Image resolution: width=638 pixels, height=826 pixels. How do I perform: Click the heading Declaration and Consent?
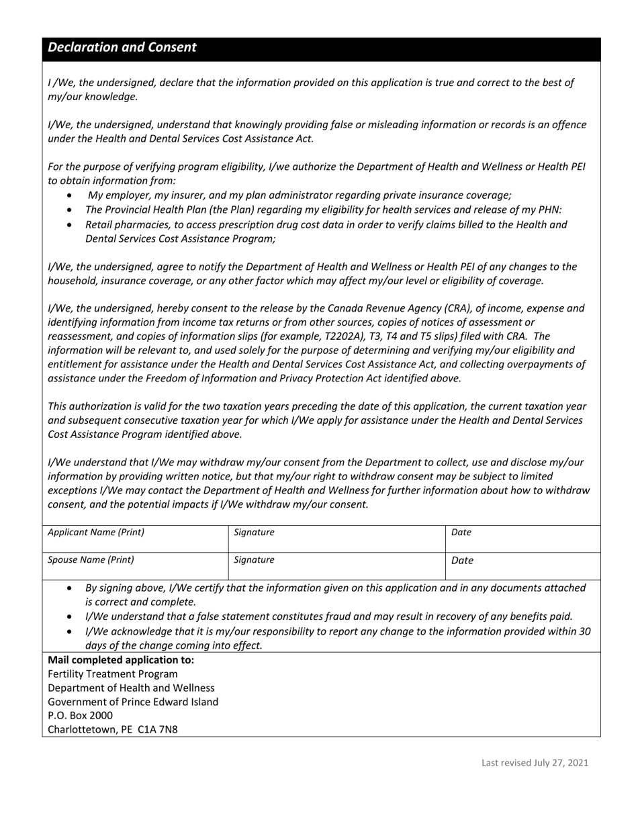click(x=122, y=48)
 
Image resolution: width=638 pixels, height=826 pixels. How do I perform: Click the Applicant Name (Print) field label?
click(x=96, y=533)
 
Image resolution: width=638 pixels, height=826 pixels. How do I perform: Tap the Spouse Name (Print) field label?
click(x=91, y=559)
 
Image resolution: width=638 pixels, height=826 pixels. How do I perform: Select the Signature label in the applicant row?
click(x=254, y=533)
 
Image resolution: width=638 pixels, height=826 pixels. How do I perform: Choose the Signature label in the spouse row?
click(x=254, y=559)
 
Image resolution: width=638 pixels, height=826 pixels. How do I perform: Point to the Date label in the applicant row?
click(x=461, y=533)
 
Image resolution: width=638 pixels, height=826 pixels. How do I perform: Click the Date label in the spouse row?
click(x=463, y=560)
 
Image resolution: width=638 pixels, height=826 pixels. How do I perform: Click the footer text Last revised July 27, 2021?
click(x=535, y=762)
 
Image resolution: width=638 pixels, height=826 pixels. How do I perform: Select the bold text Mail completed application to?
click(x=121, y=659)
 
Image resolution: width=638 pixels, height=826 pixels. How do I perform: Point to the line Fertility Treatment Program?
click(x=113, y=674)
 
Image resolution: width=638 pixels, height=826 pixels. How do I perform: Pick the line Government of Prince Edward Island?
click(x=133, y=702)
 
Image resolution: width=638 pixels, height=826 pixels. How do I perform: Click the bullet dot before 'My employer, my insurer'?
click(x=71, y=195)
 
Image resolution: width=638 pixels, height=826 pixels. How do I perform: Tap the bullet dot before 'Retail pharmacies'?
click(x=71, y=225)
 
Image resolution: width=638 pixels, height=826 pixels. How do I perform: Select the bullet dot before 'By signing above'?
click(x=71, y=588)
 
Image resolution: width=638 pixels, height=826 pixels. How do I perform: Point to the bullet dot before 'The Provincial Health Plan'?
click(x=71, y=210)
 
